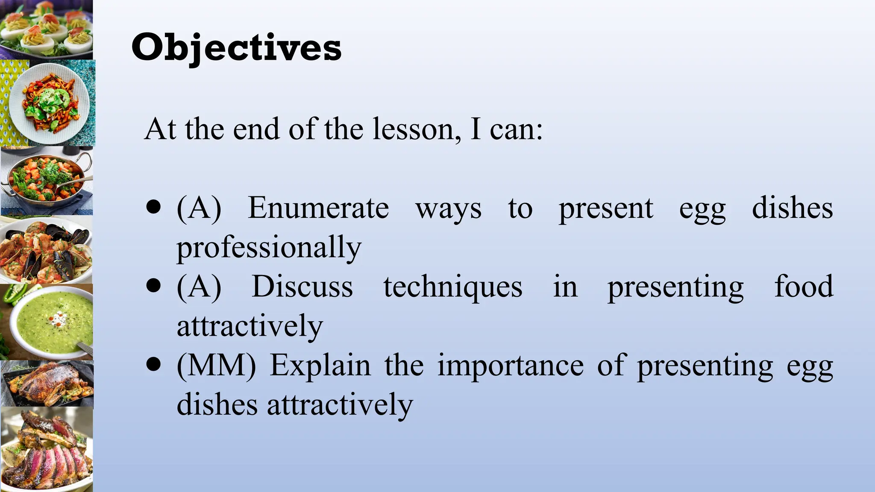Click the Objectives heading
(236, 48)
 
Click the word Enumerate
(318, 208)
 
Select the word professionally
(269, 248)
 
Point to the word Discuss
(302, 287)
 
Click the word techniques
(453, 287)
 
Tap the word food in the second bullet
(804, 287)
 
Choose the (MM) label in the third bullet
(216, 366)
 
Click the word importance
(511, 366)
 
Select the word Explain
(320, 366)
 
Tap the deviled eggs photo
(46, 29)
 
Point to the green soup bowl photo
(47, 322)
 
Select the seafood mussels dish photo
(46, 250)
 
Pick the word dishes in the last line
(217, 405)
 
